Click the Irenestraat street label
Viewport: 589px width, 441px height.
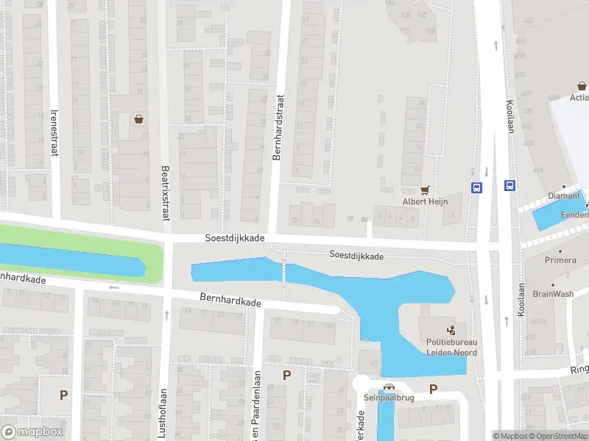click(x=54, y=132)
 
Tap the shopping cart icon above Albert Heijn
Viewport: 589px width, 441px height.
click(x=425, y=189)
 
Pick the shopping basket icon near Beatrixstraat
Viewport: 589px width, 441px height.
click(x=138, y=119)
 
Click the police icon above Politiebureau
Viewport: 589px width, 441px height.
click(x=450, y=330)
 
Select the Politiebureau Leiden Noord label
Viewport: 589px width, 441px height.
click(x=451, y=348)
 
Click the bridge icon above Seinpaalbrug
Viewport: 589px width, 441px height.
click(x=388, y=387)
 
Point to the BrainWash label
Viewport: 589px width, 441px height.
click(x=553, y=293)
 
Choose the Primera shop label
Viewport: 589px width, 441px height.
click(x=560, y=260)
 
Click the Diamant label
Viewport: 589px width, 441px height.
click(x=565, y=196)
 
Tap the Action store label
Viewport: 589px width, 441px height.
click(x=579, y=97)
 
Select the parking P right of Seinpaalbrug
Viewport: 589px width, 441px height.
click(x=434, y=390)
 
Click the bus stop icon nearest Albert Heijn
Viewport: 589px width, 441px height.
click(x=477, y=187)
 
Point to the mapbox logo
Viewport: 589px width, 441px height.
click(x=32, y=432)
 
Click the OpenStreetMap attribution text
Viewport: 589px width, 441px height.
click(x=559, y=436)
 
